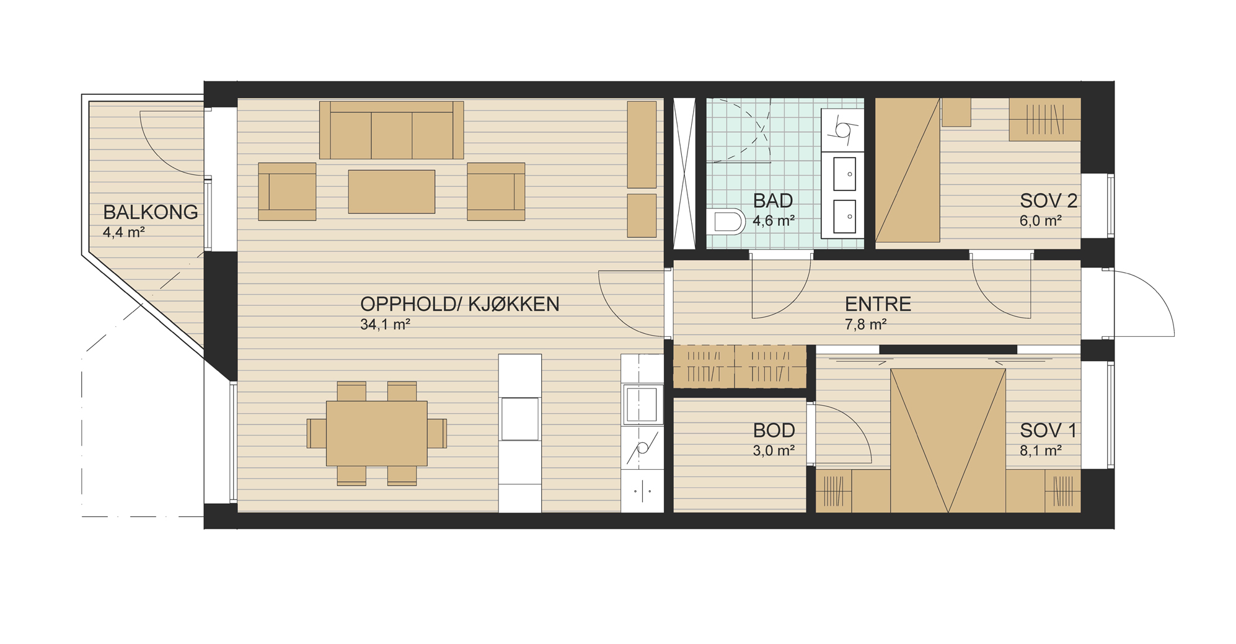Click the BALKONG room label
click(151, 212)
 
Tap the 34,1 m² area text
click(385, 324)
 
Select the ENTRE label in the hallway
click(878, 304)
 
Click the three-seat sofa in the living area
click(391, 130)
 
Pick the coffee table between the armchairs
click(391, 192)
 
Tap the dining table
click(377, 433)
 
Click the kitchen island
click(520, 433)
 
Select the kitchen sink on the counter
click(642, 405)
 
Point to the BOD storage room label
click(774, 431)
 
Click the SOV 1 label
click(1048, 431)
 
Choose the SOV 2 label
click(1048, 201)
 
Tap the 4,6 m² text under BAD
click(774, 220)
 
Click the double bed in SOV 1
click(948, 441)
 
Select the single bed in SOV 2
click(907, 169)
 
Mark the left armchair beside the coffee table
click(287, 192)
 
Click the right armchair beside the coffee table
click(496, 192)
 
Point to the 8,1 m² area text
click(1041, 450)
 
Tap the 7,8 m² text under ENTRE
click(865, 324)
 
